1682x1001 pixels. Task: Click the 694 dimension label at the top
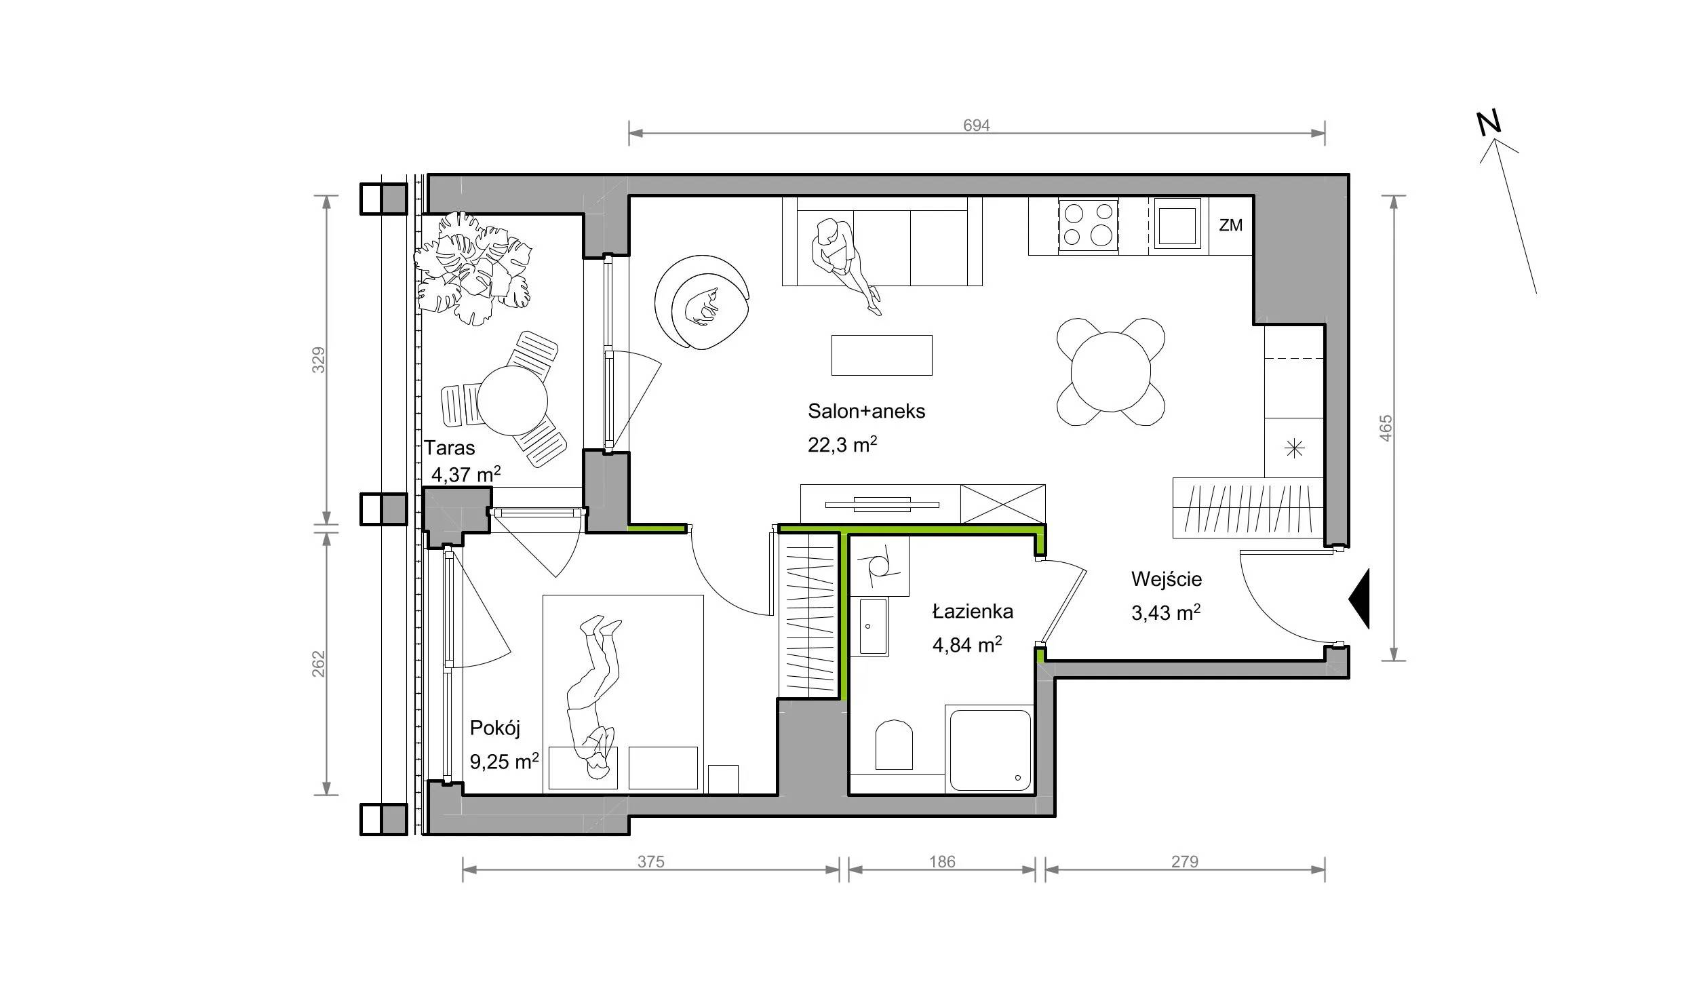[977, 125]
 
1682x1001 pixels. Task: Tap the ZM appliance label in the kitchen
[1230, 225]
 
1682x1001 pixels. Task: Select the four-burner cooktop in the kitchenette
[1088, 225]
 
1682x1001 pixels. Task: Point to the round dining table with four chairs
[1110, 372]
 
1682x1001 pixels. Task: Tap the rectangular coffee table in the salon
[882, 355]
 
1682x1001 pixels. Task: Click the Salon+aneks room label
[866, 412]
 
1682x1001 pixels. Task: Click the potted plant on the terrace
[473, 269]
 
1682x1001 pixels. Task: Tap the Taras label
[450, 448]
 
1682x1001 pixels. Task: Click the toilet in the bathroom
[894, 745]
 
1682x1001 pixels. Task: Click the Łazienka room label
[973, 612]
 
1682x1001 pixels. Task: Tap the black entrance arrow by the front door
[1358, 599]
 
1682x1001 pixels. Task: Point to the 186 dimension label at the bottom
[942, 861]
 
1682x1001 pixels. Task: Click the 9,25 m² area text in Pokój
[505, 762]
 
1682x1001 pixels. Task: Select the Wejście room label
[1167, 579]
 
